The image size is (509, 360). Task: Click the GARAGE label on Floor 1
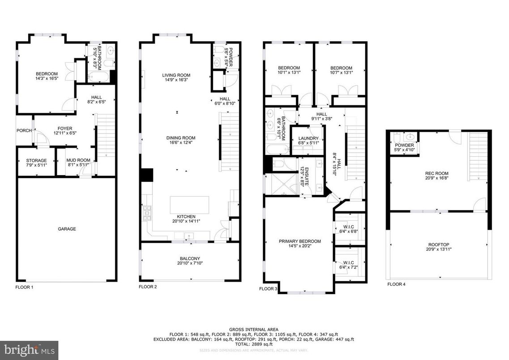coord(67,229)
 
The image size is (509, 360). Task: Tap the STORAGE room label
coord(36,160)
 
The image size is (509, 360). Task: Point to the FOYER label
coord(63,129)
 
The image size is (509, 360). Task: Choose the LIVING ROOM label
coord(176,75)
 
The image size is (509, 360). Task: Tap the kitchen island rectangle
coord(190,205)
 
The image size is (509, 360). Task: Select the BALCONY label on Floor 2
coord(190,258)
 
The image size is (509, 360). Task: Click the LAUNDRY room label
coord(308,138)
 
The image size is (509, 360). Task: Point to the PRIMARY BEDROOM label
coord(298,241)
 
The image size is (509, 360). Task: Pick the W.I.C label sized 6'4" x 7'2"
coord(349,262)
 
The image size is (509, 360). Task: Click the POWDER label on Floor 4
coord(404,145)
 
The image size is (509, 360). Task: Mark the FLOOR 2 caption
coord(148,287)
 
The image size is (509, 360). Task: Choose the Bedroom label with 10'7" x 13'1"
coord(341,68)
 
